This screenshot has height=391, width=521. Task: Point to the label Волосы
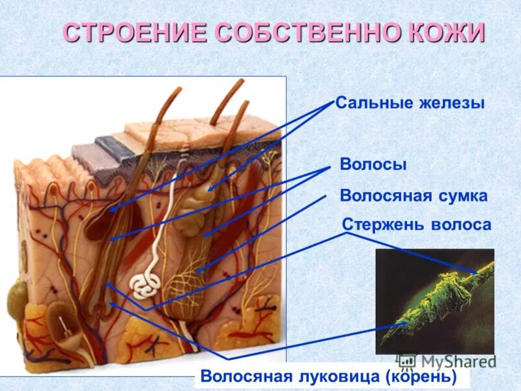373,165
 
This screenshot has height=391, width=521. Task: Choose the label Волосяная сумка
414,195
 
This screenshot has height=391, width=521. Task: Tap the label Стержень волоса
416,224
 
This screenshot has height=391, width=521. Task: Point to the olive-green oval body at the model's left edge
16,300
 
